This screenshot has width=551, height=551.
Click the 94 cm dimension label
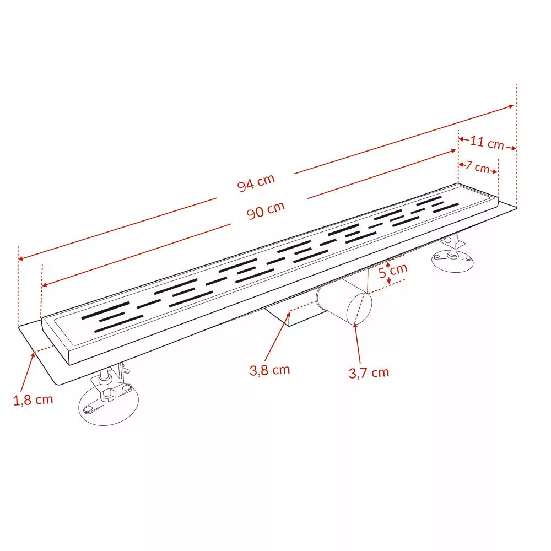pyautogui.click(x=256, y=183)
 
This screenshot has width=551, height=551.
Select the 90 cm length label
pyautogui.click(x=266, y=210)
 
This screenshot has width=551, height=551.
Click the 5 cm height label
pyautogui.click(x=393, y=271)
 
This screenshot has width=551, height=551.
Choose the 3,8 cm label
pyautogui.click(x=270, y=370)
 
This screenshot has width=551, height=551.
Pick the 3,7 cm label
pyautogui.click(x=369, y=372)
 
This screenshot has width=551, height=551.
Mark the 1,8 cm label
pyautogui.click(x=33, y=399)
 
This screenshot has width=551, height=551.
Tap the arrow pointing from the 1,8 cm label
pyautogui.click(x=28, y=372)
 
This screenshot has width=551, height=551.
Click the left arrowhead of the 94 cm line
pyautogui.click(x=20, y=259)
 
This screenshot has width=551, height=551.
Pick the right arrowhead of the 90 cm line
pyautogui.click(x=453, y=151)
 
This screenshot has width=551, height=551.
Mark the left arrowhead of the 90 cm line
pyautogui.click(x=44, y=285)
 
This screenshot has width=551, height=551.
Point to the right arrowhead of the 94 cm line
pyautogui.click(x=511, y=106)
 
